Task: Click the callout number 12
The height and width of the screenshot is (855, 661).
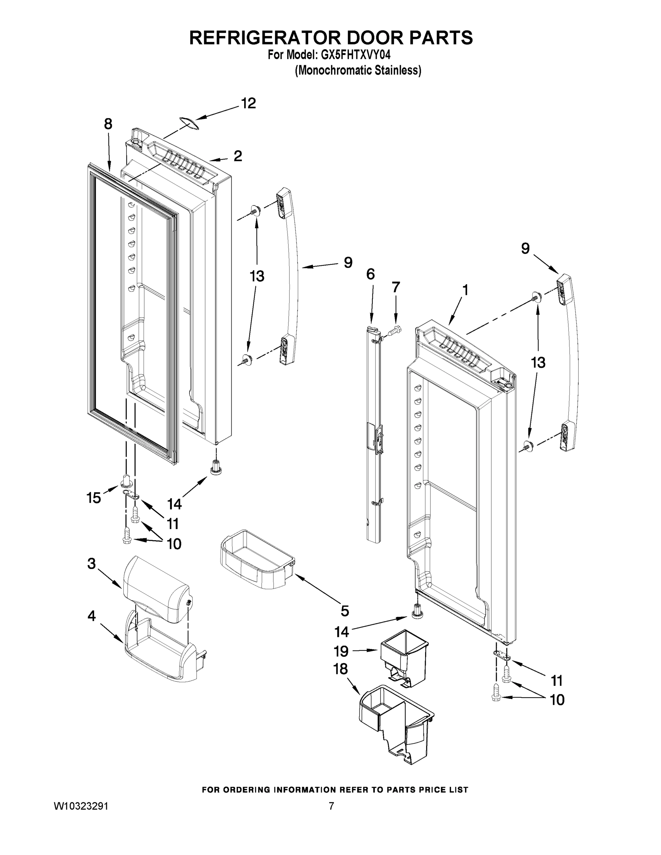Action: click(248, 103)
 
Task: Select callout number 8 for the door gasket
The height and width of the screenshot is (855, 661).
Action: click(108, 124)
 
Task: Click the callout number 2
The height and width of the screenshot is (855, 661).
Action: click(238, 156)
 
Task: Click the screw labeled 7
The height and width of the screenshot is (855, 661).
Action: click(394, 330)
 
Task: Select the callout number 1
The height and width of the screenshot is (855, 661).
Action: click(465, 290)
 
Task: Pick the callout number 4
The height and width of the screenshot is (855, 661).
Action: click(91, 616)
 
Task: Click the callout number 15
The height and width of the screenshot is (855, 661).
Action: click(94, 498)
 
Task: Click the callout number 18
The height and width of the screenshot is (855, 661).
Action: click(340, 669)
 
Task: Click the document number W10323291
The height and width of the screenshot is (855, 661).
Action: click(81, 806)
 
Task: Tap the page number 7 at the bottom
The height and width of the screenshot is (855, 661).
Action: click(331, 806)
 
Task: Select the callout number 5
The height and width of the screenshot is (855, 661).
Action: click(345, 611)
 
